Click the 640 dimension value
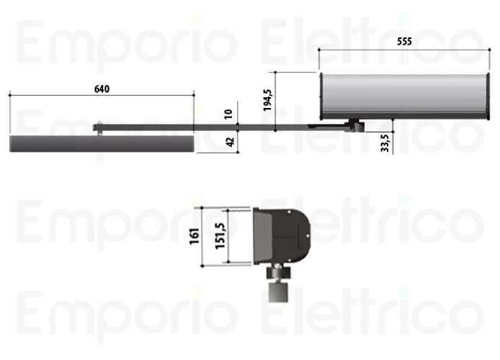(102, 89)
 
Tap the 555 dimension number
(404, 42)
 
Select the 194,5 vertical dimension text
(268, 100)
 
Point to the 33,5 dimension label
(385, 143)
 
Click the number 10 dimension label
(228, 114)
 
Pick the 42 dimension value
(230, 142)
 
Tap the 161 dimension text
(195, 236)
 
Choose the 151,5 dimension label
(220, 235)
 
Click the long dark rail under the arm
(102, 144)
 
